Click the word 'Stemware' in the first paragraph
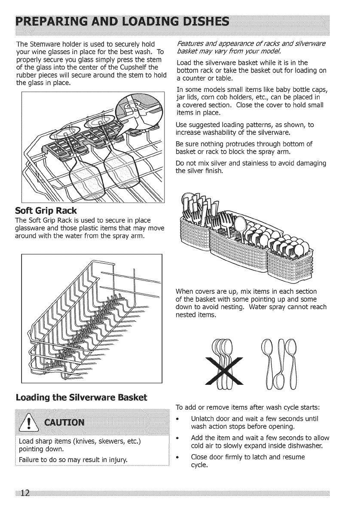(x=41, y=45)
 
